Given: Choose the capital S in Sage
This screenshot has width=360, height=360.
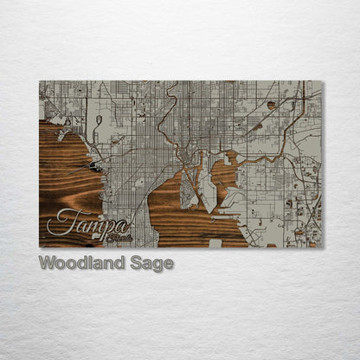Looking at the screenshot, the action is tap(133, 263).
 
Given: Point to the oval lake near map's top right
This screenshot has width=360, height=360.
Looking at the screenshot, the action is tap(271, 105).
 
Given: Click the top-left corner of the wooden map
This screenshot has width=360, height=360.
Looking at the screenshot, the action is tap(40, 81).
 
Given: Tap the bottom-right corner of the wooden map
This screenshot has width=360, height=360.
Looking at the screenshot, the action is tap(322, 247).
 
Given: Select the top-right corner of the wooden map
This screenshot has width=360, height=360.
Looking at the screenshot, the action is tap(322, 81).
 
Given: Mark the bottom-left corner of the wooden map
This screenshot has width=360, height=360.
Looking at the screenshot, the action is tap(40, 247).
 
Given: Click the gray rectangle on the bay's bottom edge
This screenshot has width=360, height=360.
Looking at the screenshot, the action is tap(215, 243).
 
